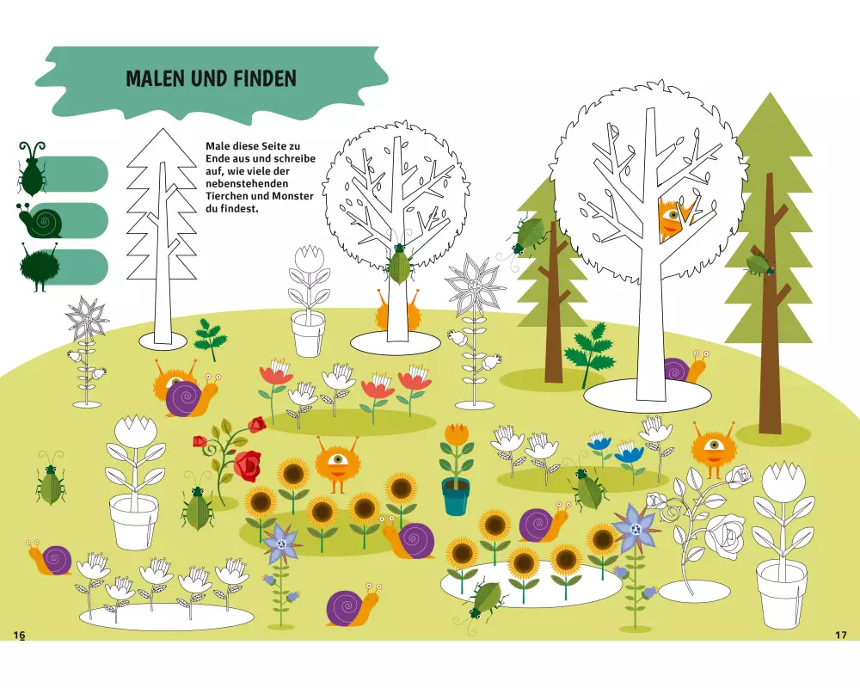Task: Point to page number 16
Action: click(x=19, y=635)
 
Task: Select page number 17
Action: click(x=841, y=635)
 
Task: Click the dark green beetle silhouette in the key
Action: click(x=30, y=168)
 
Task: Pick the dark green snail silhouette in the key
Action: click(x=40, y=220)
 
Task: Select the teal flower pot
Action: click(x=457, y=496)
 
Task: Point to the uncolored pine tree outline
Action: click(x=162, y=236)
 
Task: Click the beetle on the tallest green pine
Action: click(x=759, y=266)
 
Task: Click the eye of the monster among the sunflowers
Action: click(x=335, y=458)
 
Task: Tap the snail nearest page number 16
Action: click(x=50, y=557)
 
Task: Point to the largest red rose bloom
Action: click(x=249, y=464)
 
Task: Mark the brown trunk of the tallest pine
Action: click(x=771, y=302)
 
